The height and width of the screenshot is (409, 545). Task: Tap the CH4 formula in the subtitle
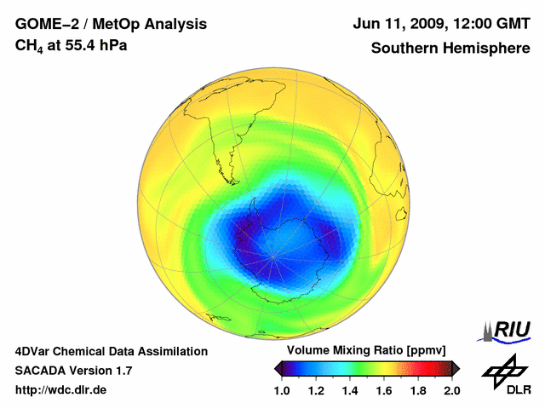pos(28,45)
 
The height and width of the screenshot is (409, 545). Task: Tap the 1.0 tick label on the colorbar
pos(282,390)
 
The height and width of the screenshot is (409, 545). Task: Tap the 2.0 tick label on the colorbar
pos(452,390)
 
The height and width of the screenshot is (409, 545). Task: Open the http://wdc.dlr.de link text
pos(61,390)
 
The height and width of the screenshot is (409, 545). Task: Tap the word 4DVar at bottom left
pos(36,351)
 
